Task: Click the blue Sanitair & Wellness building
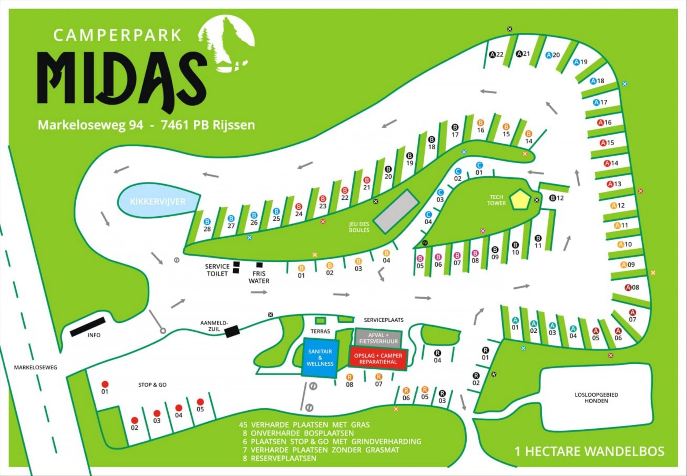point(320,358)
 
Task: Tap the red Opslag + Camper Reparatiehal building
point(378,359)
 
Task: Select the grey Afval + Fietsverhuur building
point(378,338)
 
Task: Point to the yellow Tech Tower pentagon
point(520,200)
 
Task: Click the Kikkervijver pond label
point(158,202)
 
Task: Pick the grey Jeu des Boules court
point(396,211)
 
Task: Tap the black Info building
point(88,327)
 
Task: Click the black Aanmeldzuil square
point(232,331)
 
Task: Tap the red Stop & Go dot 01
point(105,384)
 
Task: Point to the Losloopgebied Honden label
point(596,398)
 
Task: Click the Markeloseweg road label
point(35,368)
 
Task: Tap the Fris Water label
point(259,277)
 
